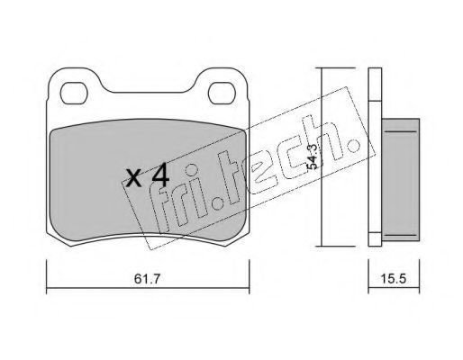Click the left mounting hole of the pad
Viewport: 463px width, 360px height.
click(74, 94)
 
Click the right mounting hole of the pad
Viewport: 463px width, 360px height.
click(222, 94)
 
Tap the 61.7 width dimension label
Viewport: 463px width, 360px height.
click(148, 279)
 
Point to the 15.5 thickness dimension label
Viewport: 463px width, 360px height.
click(394, 279)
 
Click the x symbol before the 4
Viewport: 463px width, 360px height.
click(133, 178)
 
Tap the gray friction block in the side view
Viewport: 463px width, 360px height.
click(401, 180)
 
